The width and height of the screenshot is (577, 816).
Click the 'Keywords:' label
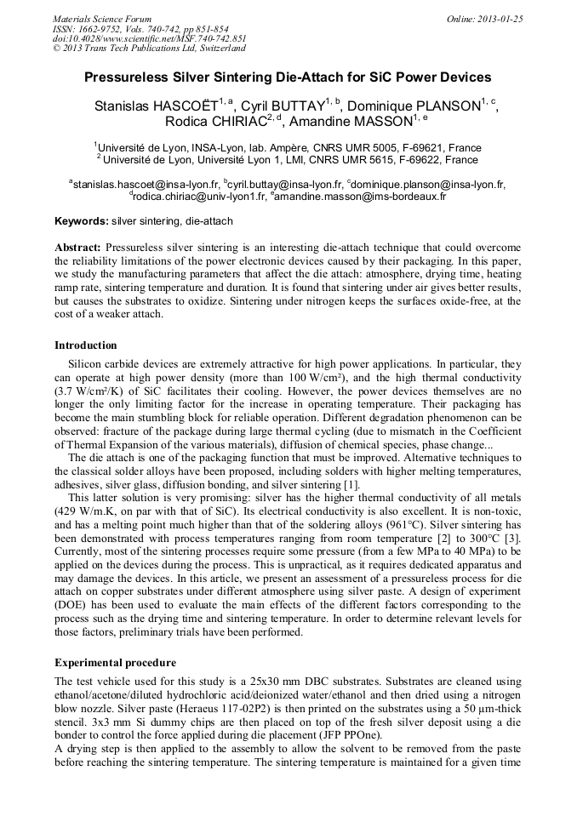[x=82, y=221]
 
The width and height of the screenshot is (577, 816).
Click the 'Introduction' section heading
[x=86, y=345]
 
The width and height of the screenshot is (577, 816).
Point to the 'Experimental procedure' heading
[x=116, y=661]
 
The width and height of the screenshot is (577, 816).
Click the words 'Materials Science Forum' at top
[x=102, y=19]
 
